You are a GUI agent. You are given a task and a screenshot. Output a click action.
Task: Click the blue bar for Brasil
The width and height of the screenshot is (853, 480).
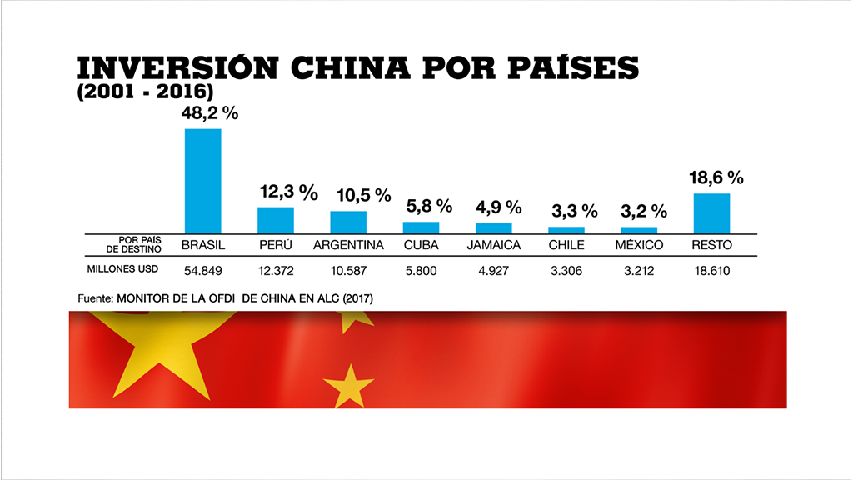[202, 181]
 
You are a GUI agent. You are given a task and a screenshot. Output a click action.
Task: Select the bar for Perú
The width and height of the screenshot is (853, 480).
[275, 220]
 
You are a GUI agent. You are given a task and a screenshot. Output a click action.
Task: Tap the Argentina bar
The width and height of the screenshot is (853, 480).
[348, 222]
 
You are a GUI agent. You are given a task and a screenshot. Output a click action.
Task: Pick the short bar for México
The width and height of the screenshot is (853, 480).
[639, 229]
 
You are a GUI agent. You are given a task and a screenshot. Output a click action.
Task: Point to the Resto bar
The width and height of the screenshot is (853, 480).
[711, 213]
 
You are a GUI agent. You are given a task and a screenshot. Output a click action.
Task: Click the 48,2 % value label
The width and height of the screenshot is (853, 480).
[210, 113]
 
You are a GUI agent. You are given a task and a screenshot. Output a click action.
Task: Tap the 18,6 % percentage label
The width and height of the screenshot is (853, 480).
[715, 177]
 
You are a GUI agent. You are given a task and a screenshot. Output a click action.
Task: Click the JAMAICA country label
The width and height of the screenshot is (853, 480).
[493, 245]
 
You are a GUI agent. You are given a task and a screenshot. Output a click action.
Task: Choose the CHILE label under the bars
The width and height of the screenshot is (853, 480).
[566, 245]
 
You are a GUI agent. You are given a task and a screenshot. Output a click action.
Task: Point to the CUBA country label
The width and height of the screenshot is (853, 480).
[421, 245]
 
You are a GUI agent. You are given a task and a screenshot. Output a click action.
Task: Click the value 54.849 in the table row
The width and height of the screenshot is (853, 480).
[202, 270]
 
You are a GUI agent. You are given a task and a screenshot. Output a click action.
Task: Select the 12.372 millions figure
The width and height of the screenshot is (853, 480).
[275, 270]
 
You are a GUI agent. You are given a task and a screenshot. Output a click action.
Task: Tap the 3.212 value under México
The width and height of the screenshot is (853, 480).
[639, 270]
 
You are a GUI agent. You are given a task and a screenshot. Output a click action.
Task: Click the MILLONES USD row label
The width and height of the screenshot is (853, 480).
[122, 269]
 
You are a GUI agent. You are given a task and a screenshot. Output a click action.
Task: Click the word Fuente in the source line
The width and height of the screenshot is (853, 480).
[94, 297]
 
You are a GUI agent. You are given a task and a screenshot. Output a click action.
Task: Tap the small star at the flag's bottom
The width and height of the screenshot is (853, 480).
[347, 386]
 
